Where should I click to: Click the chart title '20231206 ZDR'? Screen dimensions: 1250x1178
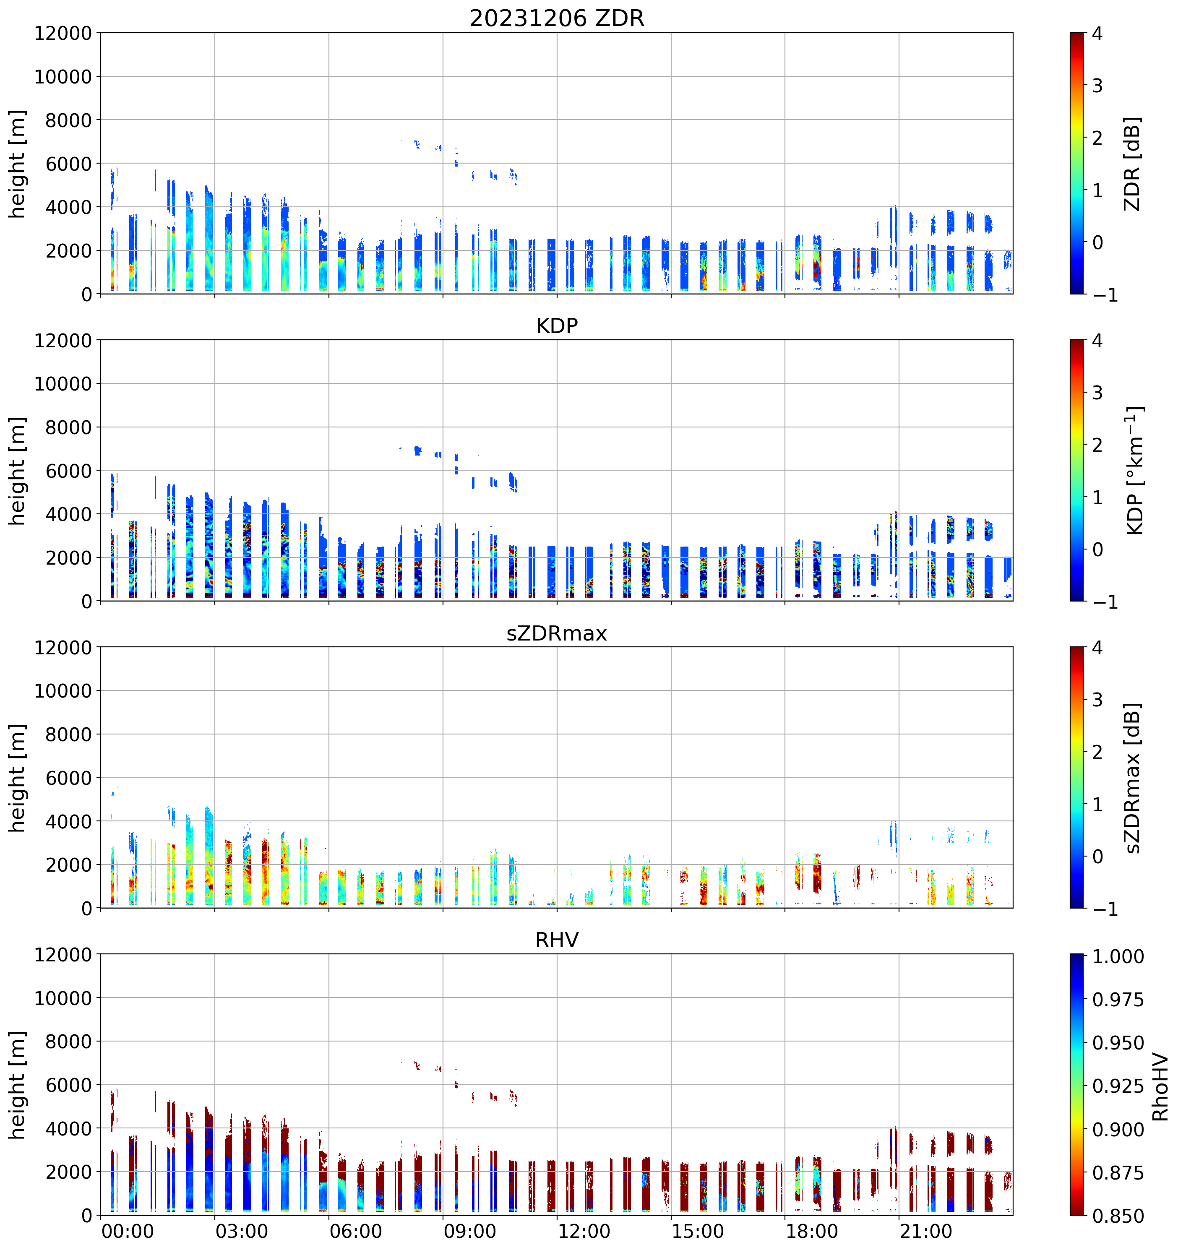[557, 18]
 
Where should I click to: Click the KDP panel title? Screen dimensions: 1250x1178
[557, 326]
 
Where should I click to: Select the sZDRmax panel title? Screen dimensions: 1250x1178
[557, 633]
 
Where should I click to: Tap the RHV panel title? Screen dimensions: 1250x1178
[557, 940]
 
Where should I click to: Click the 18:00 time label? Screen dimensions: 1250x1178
[811, 1231]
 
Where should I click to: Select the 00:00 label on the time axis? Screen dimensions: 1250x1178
[127, 1231]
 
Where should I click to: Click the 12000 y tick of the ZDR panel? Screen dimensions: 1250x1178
[63, 33]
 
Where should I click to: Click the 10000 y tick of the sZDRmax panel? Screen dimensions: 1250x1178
[63, 691]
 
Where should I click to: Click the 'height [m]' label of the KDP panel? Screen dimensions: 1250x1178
[18, 470]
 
